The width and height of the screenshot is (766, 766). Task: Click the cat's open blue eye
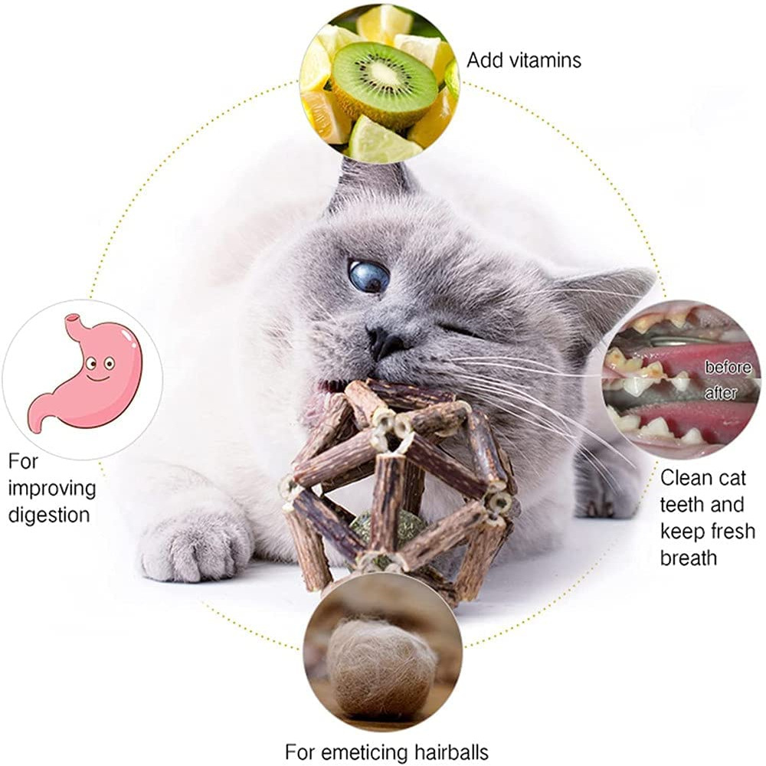tap(368, 276)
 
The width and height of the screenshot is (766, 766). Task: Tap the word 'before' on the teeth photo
tap(728, 367)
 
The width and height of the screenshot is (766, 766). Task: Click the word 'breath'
tap(689, 557)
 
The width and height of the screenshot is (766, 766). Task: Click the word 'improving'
tap(52, 488)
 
